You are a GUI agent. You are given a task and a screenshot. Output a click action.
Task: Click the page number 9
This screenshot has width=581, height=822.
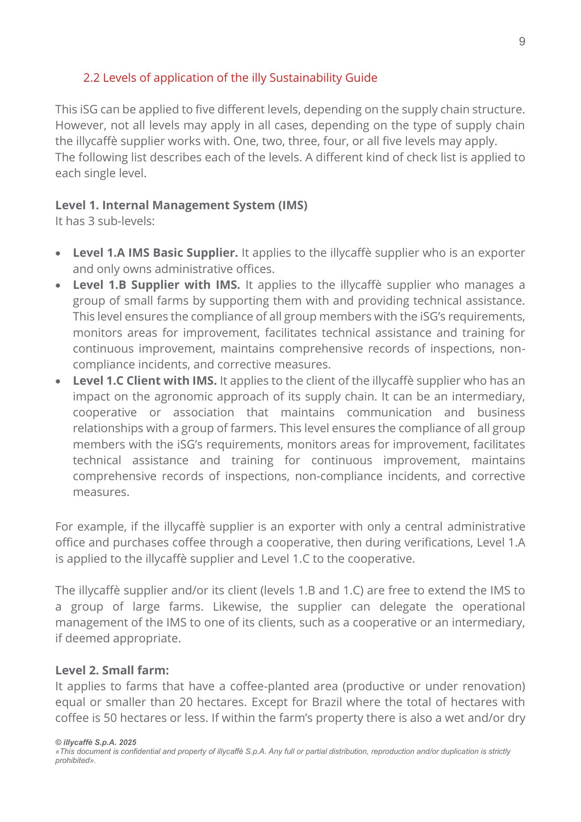click(522, 42)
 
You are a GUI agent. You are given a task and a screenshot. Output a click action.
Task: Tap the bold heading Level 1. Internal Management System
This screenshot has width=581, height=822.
click(181, 205)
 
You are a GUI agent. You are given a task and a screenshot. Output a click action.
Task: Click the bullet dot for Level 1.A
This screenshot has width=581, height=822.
click(58, 254)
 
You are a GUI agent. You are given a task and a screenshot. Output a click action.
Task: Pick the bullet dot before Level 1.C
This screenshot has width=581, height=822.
click(58, 381)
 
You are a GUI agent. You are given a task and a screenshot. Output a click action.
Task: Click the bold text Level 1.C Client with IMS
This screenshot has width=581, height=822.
click(145, 380)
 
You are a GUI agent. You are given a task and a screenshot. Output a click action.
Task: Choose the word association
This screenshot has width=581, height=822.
click(203, 412)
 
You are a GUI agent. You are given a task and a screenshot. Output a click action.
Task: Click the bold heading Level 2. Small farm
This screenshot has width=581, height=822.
click(112, 670)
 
